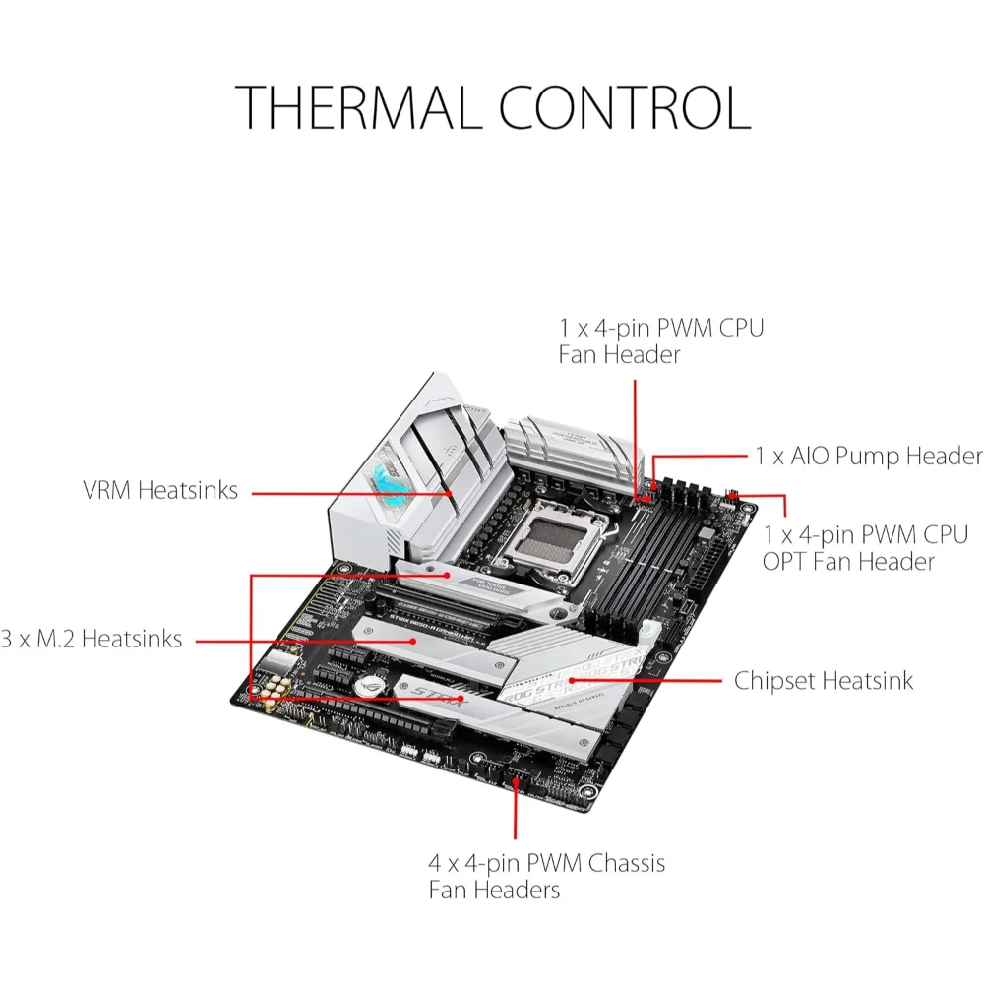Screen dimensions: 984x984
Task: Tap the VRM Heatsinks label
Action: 160,490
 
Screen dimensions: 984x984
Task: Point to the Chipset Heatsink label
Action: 824,680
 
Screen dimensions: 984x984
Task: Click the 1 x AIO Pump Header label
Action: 869,456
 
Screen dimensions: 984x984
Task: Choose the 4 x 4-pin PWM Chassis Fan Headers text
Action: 546,877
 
